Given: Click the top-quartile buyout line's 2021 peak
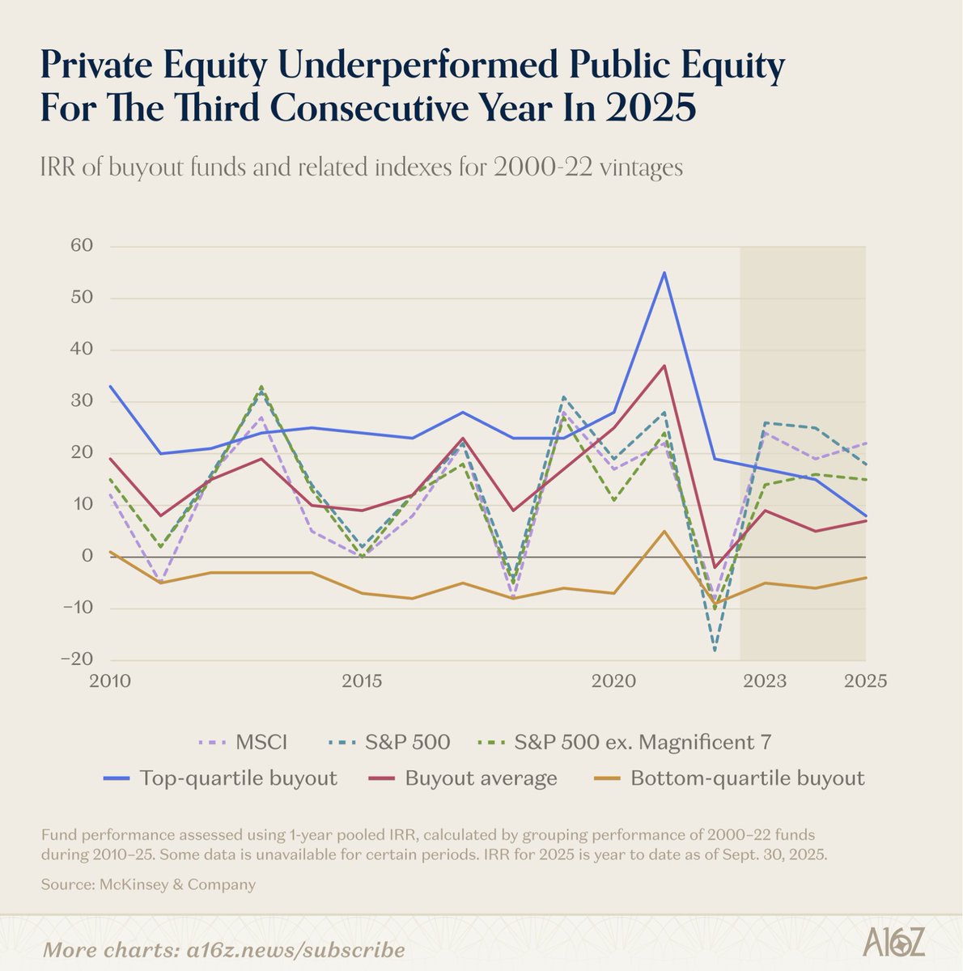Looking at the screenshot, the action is coord(664,273).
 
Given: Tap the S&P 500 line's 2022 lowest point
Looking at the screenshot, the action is coord(715,650).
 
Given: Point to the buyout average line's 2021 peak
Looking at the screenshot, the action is coord(664,366).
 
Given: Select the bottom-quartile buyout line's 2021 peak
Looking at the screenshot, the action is coord(664,531).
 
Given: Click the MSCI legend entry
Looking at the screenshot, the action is coord(243,742).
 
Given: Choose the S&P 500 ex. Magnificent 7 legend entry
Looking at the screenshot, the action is coord(624,742).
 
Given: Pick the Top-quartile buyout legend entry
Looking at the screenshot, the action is coord(220,778).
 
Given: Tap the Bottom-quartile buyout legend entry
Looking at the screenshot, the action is coord(729,778).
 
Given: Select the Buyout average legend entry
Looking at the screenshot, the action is coord(463,778).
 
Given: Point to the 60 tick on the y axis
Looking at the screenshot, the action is coord(82,245).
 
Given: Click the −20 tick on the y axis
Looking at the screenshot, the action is coord(77,659).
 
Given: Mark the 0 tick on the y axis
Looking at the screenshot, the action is coord(87,556).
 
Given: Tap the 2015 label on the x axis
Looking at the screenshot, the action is coord(362,681).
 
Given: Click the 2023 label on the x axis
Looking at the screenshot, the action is coord(765,681).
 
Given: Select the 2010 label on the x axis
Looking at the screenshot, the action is coord(110,681).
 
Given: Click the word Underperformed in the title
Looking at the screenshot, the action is coord(418,65).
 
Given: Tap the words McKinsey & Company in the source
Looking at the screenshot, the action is coord(177,885).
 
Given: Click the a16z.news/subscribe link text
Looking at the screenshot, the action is coord(296,950).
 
